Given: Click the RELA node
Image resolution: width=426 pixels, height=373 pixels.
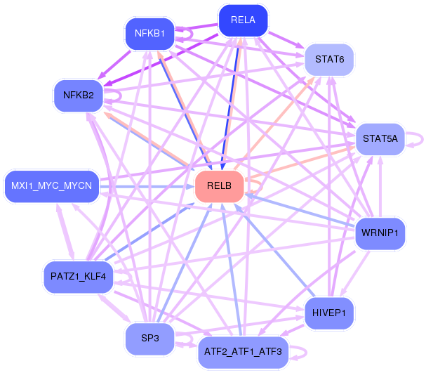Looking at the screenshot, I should coord(243,20).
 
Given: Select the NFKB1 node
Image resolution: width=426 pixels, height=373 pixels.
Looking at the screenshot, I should coord(149,33).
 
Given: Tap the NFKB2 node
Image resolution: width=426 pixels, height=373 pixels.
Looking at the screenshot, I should coord(78,96).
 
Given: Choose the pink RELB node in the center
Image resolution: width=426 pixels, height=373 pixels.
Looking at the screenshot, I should coord(219,187).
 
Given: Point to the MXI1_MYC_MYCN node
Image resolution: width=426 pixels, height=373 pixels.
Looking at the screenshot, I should coord(51,186).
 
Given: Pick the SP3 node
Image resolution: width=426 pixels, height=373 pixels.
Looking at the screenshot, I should coord(149,339).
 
